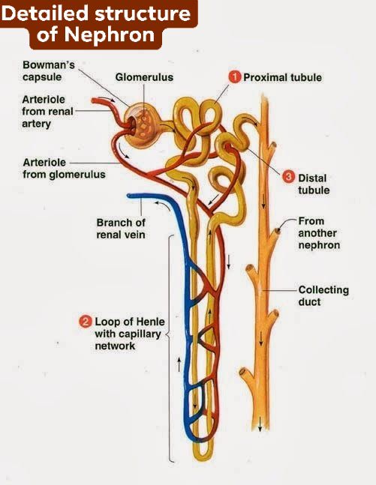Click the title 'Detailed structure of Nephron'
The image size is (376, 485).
point(96,24)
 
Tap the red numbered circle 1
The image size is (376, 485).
point(235,77)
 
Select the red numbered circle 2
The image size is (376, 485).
point(85,322)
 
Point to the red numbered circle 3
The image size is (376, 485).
point(288,177)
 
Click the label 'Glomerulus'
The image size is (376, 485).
point(144,77)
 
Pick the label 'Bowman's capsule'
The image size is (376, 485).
point(49,70)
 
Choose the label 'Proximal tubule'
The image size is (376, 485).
point(282,77)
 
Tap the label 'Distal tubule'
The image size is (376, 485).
point(314,184)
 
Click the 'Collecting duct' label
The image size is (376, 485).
point(323,295)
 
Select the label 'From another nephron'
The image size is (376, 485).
point(319,233)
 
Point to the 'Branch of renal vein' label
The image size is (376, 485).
point(121,229)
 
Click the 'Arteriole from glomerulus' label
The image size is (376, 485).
point(64,168)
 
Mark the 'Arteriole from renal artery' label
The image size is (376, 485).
point(47,112)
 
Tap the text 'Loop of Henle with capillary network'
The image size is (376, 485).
point(130,334)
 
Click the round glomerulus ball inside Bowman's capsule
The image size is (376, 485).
point(143,126)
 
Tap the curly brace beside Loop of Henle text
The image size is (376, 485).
point(170,348)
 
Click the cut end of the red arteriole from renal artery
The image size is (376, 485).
point(94,100)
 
